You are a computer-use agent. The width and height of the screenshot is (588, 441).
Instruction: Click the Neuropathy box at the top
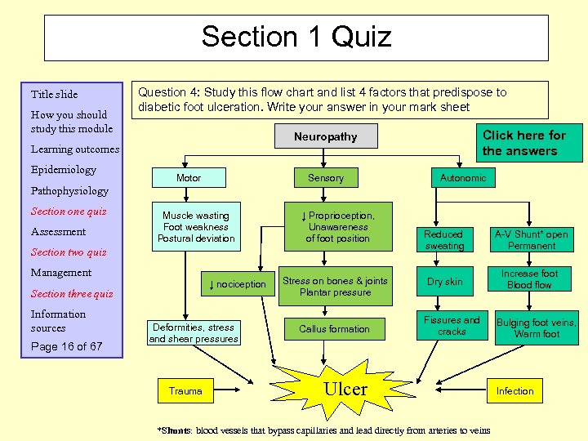tap(325, 136)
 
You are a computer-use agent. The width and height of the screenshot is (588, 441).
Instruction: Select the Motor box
tap(189, 178)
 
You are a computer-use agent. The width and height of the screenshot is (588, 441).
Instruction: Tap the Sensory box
tap(326, 178)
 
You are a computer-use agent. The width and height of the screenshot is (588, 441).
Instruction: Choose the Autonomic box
tap(462, 177)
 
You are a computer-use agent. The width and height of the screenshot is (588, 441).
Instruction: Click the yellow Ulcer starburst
tap(345, 390)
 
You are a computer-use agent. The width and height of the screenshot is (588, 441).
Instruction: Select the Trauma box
tap(185, 391)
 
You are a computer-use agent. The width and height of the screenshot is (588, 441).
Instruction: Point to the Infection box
tap(514, 391)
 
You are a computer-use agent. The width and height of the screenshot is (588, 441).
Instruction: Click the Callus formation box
tap(334, 329)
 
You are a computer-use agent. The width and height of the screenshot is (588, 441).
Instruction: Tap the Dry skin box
tap(444, 282)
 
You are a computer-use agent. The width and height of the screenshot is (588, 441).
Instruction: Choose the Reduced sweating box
tap(444, 240)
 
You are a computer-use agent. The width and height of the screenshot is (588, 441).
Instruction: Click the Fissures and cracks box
tap(452, 326)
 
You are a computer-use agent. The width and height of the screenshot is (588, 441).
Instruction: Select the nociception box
tap(238, 284)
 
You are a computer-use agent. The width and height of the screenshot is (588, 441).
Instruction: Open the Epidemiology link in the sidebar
tap(63, 170)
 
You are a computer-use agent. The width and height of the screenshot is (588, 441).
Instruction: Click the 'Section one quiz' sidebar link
tap(69, 212)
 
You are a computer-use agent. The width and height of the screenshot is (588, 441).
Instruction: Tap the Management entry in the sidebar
tap(61, 273)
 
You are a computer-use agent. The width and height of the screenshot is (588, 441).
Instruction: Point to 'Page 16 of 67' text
tap(67, 346)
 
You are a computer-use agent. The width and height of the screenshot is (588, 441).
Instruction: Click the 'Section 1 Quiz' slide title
tap(296, 37)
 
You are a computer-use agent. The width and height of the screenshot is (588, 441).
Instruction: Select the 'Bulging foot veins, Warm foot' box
tap(537, 328)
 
